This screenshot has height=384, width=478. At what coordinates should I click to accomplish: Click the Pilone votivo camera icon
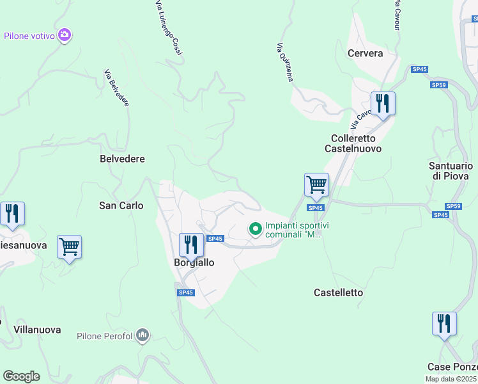64,35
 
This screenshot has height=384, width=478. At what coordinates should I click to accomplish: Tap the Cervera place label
365,53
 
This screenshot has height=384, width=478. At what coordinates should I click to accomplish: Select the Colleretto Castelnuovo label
356,143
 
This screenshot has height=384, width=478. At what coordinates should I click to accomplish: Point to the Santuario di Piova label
449,170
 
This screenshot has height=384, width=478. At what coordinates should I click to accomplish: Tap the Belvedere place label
123,158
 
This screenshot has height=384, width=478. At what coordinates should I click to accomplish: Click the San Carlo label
121,205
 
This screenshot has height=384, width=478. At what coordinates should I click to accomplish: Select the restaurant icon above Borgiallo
191,244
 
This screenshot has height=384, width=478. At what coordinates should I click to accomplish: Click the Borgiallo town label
194,262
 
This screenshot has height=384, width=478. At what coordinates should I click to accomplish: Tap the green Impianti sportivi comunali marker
256,228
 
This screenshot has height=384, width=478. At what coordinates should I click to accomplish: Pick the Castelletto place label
338,292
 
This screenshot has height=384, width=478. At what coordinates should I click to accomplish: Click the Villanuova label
37,330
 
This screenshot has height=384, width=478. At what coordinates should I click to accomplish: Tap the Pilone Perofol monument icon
143,335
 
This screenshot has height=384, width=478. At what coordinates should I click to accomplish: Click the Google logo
21,376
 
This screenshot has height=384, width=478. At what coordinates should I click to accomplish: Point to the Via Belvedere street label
116,88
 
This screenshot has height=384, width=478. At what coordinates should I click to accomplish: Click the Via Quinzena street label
285,62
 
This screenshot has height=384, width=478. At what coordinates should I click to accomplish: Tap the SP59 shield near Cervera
438,84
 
